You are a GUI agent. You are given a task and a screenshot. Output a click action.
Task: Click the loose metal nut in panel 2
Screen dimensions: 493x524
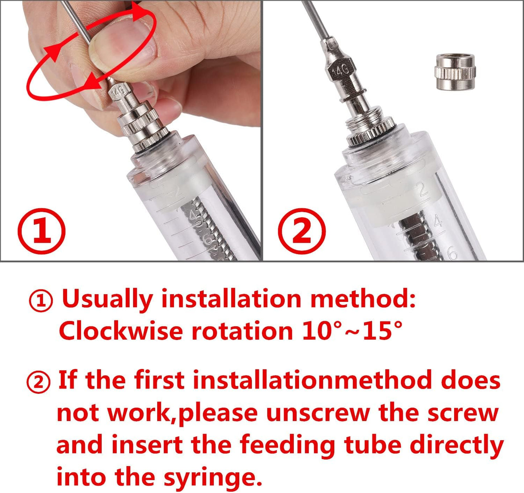point(455,71)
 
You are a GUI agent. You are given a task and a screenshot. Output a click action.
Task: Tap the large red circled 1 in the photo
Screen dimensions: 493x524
point(41,231)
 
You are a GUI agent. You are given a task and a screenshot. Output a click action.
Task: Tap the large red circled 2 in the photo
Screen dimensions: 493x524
point(302,231)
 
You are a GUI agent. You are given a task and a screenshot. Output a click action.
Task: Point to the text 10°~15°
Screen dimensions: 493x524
point(352,331)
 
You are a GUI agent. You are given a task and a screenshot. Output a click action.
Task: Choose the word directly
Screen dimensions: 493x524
point(457,445)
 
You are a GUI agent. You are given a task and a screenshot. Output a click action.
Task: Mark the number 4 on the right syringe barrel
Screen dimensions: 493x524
point(438,221)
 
